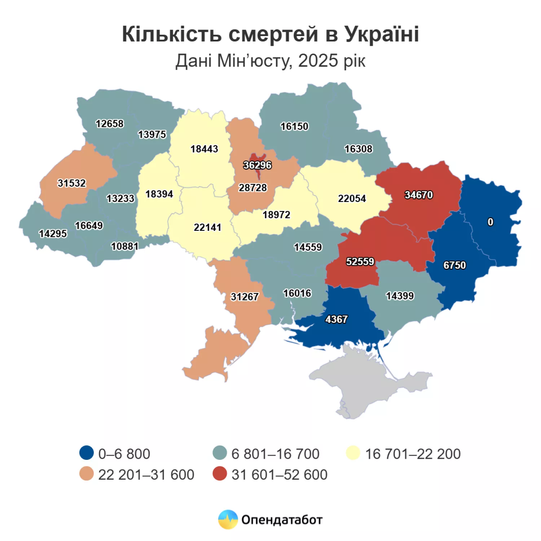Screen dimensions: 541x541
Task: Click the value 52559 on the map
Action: tap(360, 261)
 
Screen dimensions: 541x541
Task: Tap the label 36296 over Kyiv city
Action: tap(257, 165)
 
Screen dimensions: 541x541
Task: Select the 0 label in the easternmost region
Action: tap(490, 222)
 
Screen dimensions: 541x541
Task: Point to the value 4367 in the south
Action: tap(336, 319)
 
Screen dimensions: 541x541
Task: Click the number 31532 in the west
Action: tap(72, 183)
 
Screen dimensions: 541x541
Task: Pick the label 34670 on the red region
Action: tap(418, 195)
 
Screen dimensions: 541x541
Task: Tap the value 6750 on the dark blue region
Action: tap(454, 265)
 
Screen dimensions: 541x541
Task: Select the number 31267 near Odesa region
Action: tap(245, 296)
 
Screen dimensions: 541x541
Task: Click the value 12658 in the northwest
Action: tap(109, 124)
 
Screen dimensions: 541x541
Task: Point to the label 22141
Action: tap(207, 227)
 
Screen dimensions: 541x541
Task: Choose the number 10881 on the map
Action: tap(124, 246)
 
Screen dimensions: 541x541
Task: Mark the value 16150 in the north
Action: tap(294, 126)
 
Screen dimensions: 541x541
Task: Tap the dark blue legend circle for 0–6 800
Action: tap(87, 453)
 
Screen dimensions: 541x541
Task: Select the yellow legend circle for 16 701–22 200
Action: tap(353, 453)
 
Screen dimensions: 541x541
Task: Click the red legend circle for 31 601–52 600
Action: tap(220, 474)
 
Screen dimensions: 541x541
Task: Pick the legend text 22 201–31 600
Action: tap(146, 475)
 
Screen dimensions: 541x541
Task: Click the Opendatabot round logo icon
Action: tap(228, 519)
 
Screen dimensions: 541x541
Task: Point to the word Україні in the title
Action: tap(382, 34)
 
